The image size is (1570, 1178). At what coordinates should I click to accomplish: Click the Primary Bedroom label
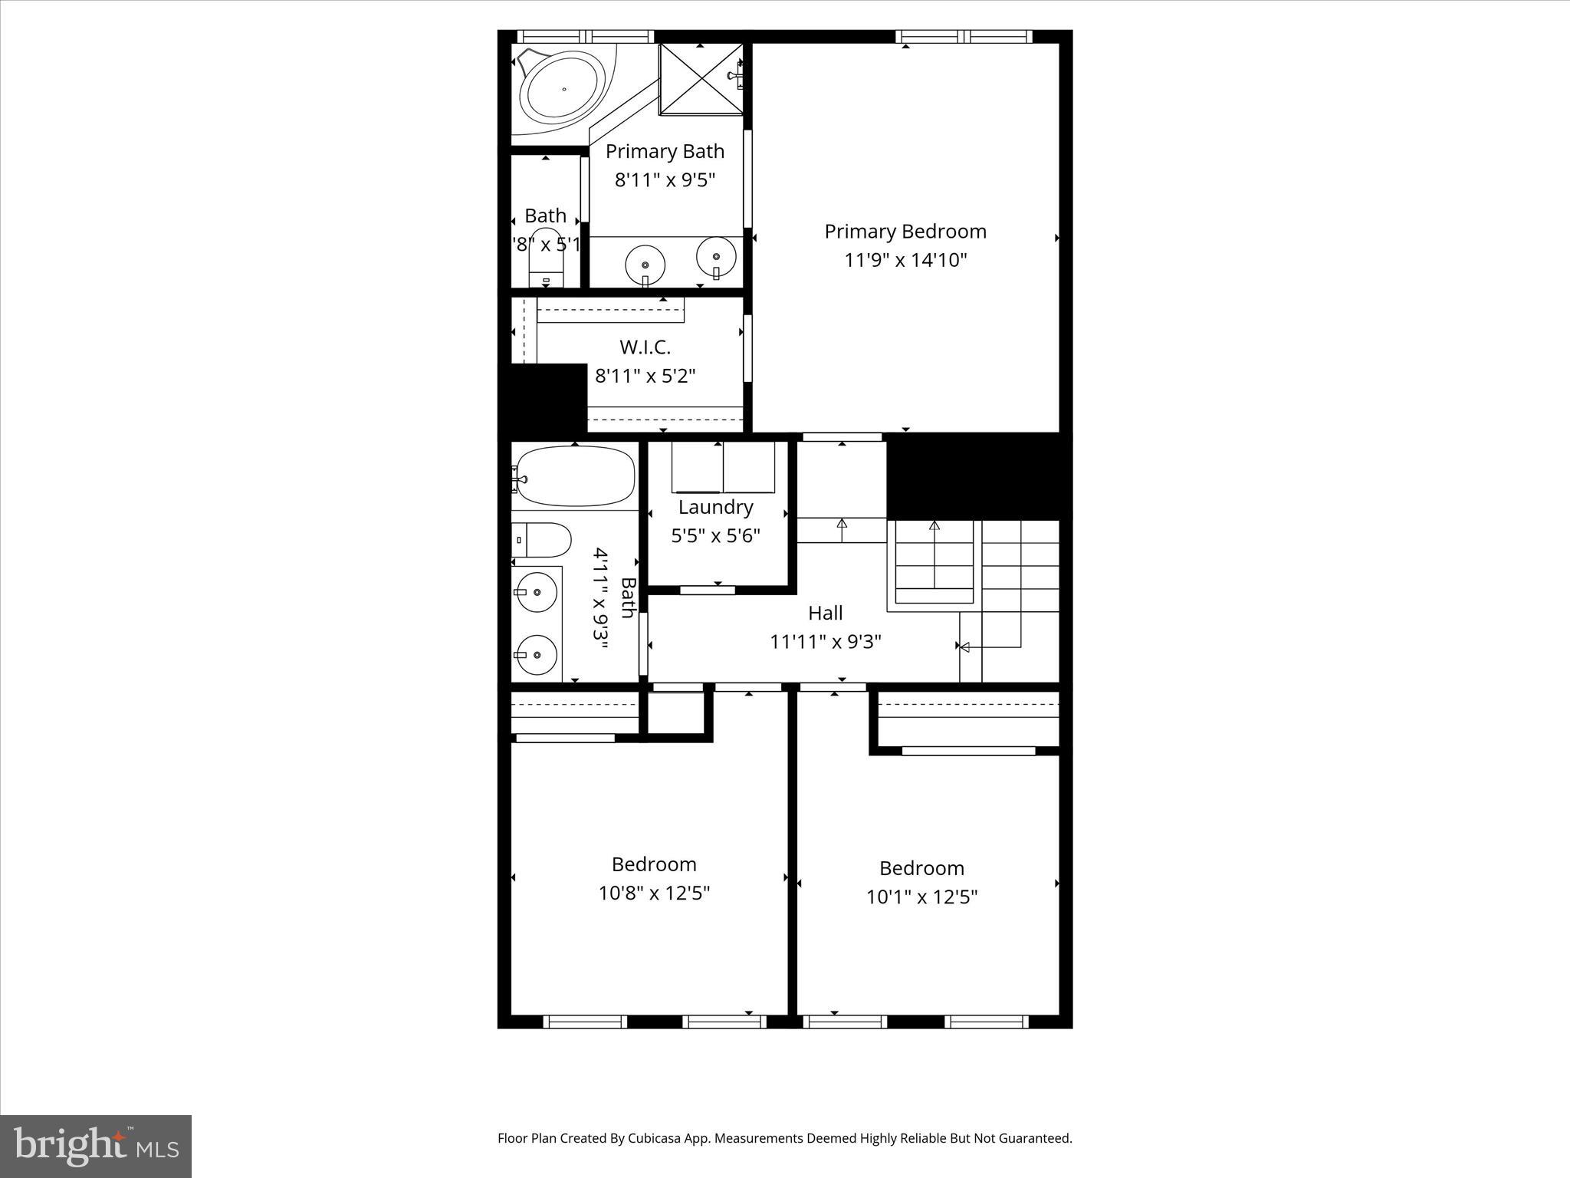tap(905, 232)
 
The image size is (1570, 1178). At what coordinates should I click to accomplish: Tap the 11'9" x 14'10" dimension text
tap(905, 260)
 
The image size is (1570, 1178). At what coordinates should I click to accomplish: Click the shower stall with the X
tap(701, 79)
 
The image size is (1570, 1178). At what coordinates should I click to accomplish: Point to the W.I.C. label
tap(645, 347)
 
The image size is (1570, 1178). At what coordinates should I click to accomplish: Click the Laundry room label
tap(715, 507)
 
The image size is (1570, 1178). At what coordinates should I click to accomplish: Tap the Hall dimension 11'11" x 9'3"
tap(826, 641)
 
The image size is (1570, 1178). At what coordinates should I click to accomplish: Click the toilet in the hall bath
tap(543, 540)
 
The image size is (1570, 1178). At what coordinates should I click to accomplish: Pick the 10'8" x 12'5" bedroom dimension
tap(654, 893)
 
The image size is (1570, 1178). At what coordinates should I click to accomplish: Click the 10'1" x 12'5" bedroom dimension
tap(921, 897)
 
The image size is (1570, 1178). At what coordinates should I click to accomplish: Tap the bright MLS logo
tap(96, 1146)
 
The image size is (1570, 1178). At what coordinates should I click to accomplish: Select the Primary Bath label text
tap(665, 152)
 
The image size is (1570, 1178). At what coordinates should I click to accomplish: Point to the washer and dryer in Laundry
tap(723, 468)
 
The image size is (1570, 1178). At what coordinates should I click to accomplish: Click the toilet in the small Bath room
tap(546, 261)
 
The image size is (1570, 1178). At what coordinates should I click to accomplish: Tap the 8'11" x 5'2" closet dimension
tap(645, 376)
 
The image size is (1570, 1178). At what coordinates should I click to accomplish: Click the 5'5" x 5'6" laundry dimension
tap(715, 535)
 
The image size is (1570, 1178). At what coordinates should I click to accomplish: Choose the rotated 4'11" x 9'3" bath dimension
tap(601, 598)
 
